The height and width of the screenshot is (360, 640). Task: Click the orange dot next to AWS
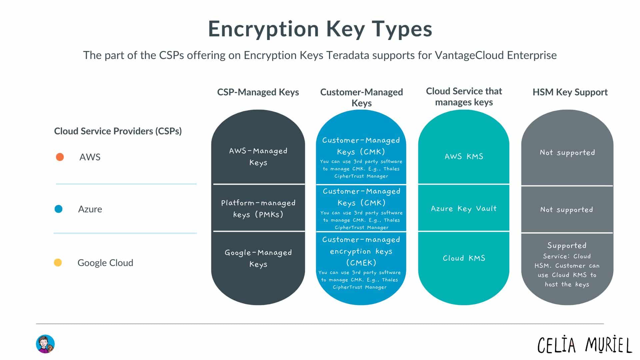pos(60,157)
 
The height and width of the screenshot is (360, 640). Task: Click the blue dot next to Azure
pos(59,209)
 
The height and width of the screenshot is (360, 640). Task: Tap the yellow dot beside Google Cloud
pos(58,263)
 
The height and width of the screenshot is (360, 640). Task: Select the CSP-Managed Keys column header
pos(258,92)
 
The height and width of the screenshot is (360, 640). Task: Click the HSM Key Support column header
pos(570,92)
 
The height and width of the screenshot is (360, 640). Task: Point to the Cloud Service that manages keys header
pos(464,97)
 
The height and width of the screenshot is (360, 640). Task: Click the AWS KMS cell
pos(464,156)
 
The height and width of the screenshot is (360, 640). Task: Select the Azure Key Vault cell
pos(464,209)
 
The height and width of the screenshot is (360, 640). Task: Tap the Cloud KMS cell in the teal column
pos(464,258)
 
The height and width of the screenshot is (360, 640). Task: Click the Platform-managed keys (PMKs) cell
pos(258,208)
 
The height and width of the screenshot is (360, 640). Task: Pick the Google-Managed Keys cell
pos(258,258)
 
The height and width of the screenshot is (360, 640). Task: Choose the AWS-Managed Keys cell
pos(258,156)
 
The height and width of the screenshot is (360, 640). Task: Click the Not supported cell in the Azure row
pos(567,210)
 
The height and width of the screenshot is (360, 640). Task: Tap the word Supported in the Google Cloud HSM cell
pos(567,246)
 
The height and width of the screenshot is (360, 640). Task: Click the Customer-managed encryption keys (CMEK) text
pos(361,251)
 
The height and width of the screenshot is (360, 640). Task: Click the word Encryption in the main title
pos(263,29)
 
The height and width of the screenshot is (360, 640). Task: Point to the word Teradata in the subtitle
pos(347,55)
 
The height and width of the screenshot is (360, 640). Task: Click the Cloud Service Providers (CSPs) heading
pos(118,131)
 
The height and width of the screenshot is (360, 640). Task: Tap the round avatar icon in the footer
pos(45,344)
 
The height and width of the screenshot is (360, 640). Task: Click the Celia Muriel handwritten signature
pos(585,345)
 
